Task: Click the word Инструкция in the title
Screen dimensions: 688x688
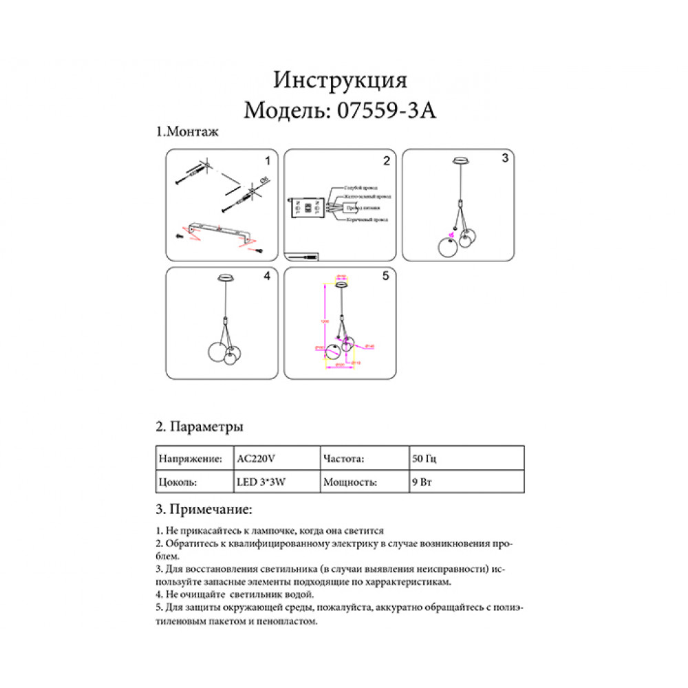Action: tap(341, 80)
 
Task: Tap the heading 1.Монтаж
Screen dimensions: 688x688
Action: tap(188, 132)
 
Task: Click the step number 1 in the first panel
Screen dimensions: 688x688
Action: tap(268, 160)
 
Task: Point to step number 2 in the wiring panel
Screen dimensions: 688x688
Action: tap(387, 160)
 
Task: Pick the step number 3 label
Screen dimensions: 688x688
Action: tap(504, 158)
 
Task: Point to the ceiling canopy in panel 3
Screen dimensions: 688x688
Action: tap(459, 162)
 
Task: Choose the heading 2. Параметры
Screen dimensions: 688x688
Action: tap(199, 427)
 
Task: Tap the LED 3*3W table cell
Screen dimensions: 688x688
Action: tap(261, 482)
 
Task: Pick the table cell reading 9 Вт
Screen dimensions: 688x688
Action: tap(420, 482)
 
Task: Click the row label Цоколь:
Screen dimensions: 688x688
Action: tap(178, 482)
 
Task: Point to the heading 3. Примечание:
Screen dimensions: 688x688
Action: tap(204, 510)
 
